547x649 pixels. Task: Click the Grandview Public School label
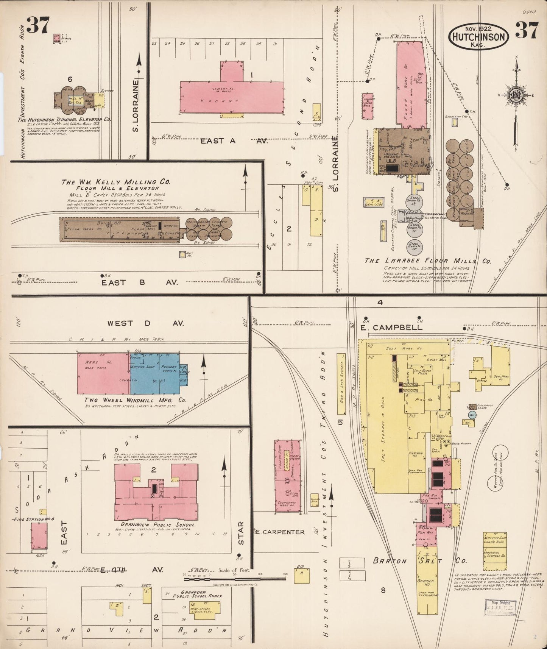[155, 525]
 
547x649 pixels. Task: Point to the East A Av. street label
[233, 141]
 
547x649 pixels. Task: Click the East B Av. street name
[140, 282]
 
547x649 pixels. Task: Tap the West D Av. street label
[145, 323]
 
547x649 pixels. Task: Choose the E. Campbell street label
[391, 328]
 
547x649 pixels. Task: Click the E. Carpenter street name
[280, 532]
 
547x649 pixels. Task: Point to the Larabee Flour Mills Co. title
[428, 261]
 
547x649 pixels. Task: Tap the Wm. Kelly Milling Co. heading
[116, 182]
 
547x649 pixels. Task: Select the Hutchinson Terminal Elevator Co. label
[65, 119]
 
